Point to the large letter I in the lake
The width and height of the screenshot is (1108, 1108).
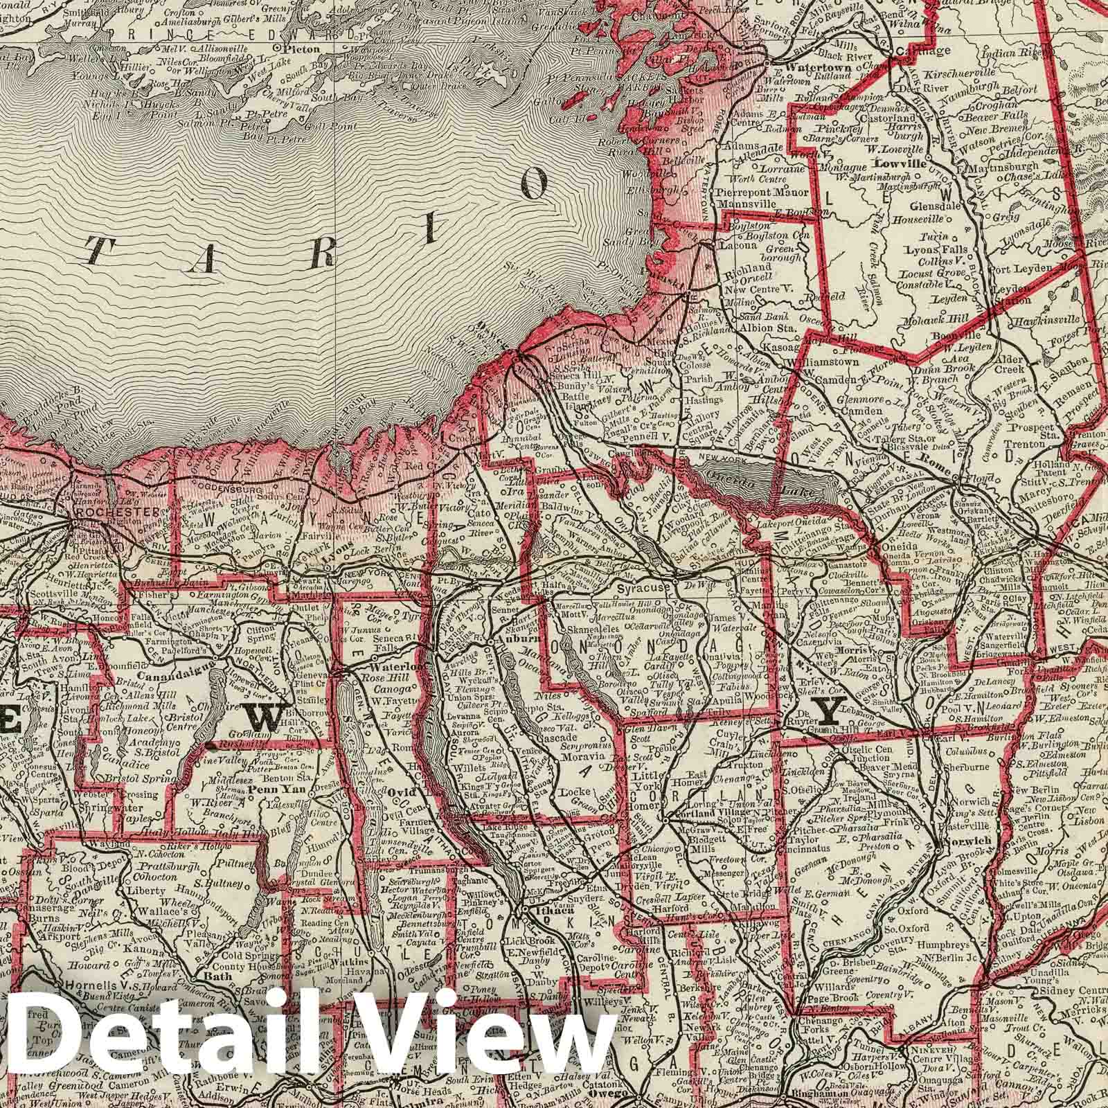tap(431, 231)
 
